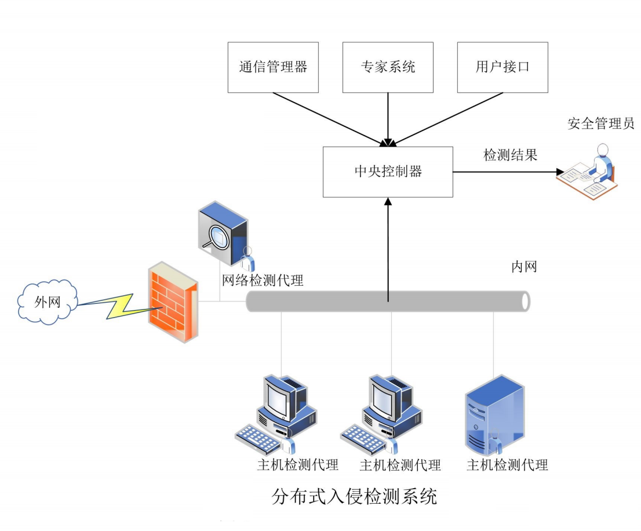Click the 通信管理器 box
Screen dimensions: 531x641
tap(273, 67)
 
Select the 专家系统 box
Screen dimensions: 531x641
tap(388, 67)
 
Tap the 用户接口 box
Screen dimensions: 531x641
tap(502, 67)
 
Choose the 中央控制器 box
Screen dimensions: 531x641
tap(388, 172)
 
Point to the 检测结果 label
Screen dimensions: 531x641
tap(510, 155)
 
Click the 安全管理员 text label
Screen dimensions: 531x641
tap(601, 123)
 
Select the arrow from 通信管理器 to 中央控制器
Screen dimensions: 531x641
tap(330, 119)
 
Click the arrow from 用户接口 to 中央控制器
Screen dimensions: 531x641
tap(446, 119)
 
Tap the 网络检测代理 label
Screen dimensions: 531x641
tap(263, 281)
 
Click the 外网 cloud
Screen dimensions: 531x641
tap(47, 301)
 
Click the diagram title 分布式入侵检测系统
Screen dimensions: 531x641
tap(354, 497)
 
